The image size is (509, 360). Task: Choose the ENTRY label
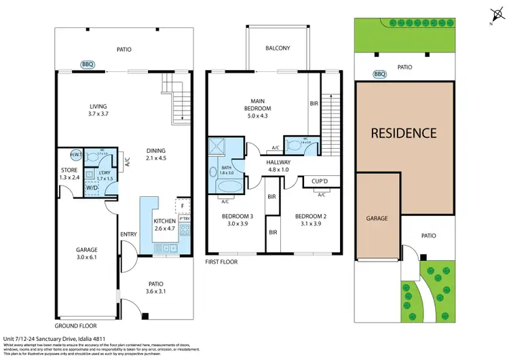pos(128,234)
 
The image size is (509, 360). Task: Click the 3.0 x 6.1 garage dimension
pos(87,257)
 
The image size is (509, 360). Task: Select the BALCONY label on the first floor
pos(278,48)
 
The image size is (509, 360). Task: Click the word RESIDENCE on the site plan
pos(403,133)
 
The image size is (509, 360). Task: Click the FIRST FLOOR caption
pos(221,261)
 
